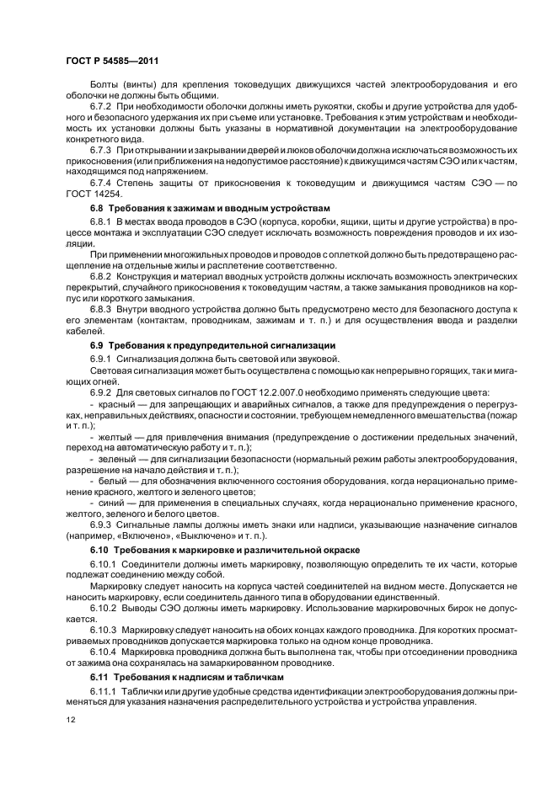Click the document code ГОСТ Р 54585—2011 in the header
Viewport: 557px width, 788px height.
click(x=112, y=61)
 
